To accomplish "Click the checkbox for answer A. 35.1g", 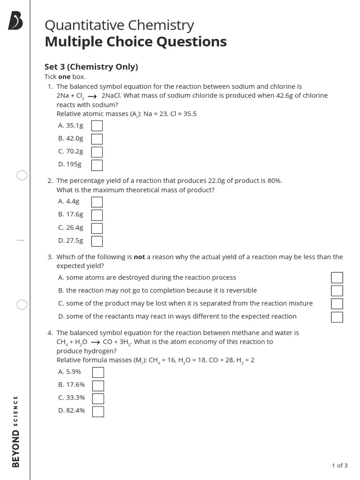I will (x=97, y=126).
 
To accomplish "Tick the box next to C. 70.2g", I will (x=97, y=152).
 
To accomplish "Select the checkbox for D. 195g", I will (x=97, y=165).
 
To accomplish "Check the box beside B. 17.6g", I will (x=97, y=215).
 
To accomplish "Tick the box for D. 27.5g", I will (x=97, y=241).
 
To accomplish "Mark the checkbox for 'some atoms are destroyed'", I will (x=337, y=277).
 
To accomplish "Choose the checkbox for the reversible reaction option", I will (x=337, y=291).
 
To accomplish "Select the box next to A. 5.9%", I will (x=98, y=372).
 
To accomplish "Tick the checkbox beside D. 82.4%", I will (x=98, y=412).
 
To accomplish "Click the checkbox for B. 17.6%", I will (x=98, y=385).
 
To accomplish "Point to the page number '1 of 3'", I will (x=339, y=465).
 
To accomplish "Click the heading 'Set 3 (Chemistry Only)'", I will (x=91, y=67).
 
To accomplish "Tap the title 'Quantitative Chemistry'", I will (x=119, y=25).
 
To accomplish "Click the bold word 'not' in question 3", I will (x=139, y=257).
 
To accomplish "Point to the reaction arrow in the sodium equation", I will (x=92, y=96).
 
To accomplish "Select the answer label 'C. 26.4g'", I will (x=71, y=227).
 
